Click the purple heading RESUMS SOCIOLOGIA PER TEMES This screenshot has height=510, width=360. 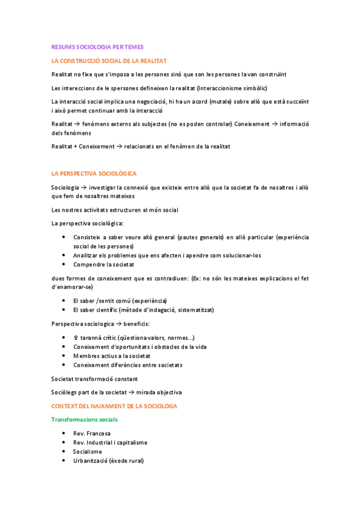(97, 46)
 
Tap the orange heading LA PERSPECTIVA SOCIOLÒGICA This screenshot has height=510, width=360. (94, 173)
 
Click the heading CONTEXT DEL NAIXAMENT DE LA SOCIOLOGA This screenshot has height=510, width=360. (114, 406)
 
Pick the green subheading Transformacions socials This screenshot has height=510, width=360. (84, 419)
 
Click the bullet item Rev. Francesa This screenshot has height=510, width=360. (91, 433)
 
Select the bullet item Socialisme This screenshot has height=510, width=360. (88, 452)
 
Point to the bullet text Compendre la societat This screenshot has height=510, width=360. (103, 264)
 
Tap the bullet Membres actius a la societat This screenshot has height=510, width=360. (110, 355)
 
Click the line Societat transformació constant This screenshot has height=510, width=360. (94, 379)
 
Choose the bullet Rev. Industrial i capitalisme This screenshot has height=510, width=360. (110, 443)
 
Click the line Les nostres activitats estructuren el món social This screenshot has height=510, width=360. (114, 210)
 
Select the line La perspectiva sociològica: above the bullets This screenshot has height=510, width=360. (88, 224)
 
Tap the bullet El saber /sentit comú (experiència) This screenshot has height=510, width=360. (120, 301)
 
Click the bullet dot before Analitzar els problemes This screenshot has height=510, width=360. (64, 255)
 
